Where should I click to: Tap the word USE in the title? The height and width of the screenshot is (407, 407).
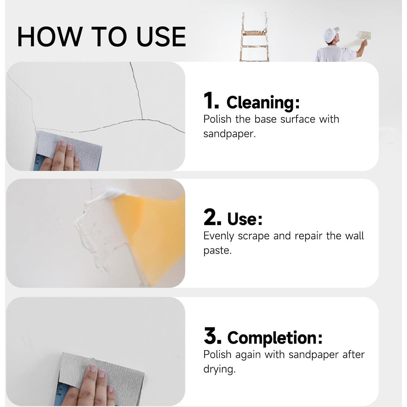pyautogui.click(x=161, y=36)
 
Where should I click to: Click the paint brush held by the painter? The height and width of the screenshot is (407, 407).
pyautogui.click(x=364, y=35)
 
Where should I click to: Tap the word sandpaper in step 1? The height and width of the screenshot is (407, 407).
pyautogui.click(x=229, y=134)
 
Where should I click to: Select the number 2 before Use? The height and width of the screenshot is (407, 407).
pyautogui.click(x=212, y=217)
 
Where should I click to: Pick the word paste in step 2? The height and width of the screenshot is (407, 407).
pyautogui.click(x=217, y=251)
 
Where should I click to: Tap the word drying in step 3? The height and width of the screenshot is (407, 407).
pyautogui.click(x=219, y=369)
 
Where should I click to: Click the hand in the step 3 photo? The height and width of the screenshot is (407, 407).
pyautogui.click(x=91, y=387)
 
